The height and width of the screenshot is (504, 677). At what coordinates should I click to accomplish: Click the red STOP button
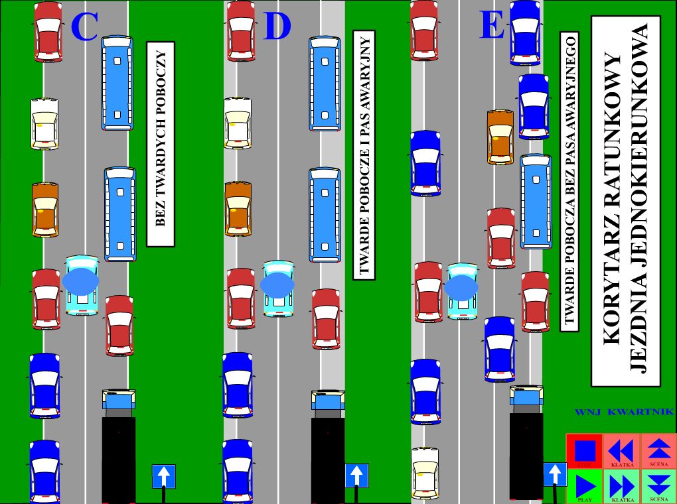click(584, 451)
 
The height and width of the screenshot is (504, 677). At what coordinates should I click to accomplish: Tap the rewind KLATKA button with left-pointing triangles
click(621, 451)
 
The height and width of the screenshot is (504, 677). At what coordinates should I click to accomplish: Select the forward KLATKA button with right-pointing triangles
click(621, 486)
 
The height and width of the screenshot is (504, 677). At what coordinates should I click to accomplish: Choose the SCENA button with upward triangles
click(658, 451)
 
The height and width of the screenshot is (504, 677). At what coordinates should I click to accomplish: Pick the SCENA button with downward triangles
click(658, 486)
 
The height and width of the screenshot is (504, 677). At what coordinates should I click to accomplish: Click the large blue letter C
click(84, 27)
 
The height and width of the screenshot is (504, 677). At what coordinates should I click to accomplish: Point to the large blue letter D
click(277, 27)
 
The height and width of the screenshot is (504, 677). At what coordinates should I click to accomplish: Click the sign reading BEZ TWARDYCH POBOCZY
click(160, 144)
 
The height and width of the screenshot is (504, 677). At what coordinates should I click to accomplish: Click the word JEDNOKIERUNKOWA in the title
click(639, 199)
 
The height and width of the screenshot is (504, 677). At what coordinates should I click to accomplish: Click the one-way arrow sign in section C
click(164, 476)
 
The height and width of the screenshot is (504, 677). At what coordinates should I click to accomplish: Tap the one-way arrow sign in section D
click(356, 475)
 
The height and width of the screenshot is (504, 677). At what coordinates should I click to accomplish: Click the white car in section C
click(44, 124)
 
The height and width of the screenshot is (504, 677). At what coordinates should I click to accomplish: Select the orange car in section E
click(500, 137)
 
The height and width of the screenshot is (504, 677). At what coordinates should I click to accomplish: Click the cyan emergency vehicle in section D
click(278, 288)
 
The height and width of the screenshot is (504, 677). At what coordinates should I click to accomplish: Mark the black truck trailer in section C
click(119, 458)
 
